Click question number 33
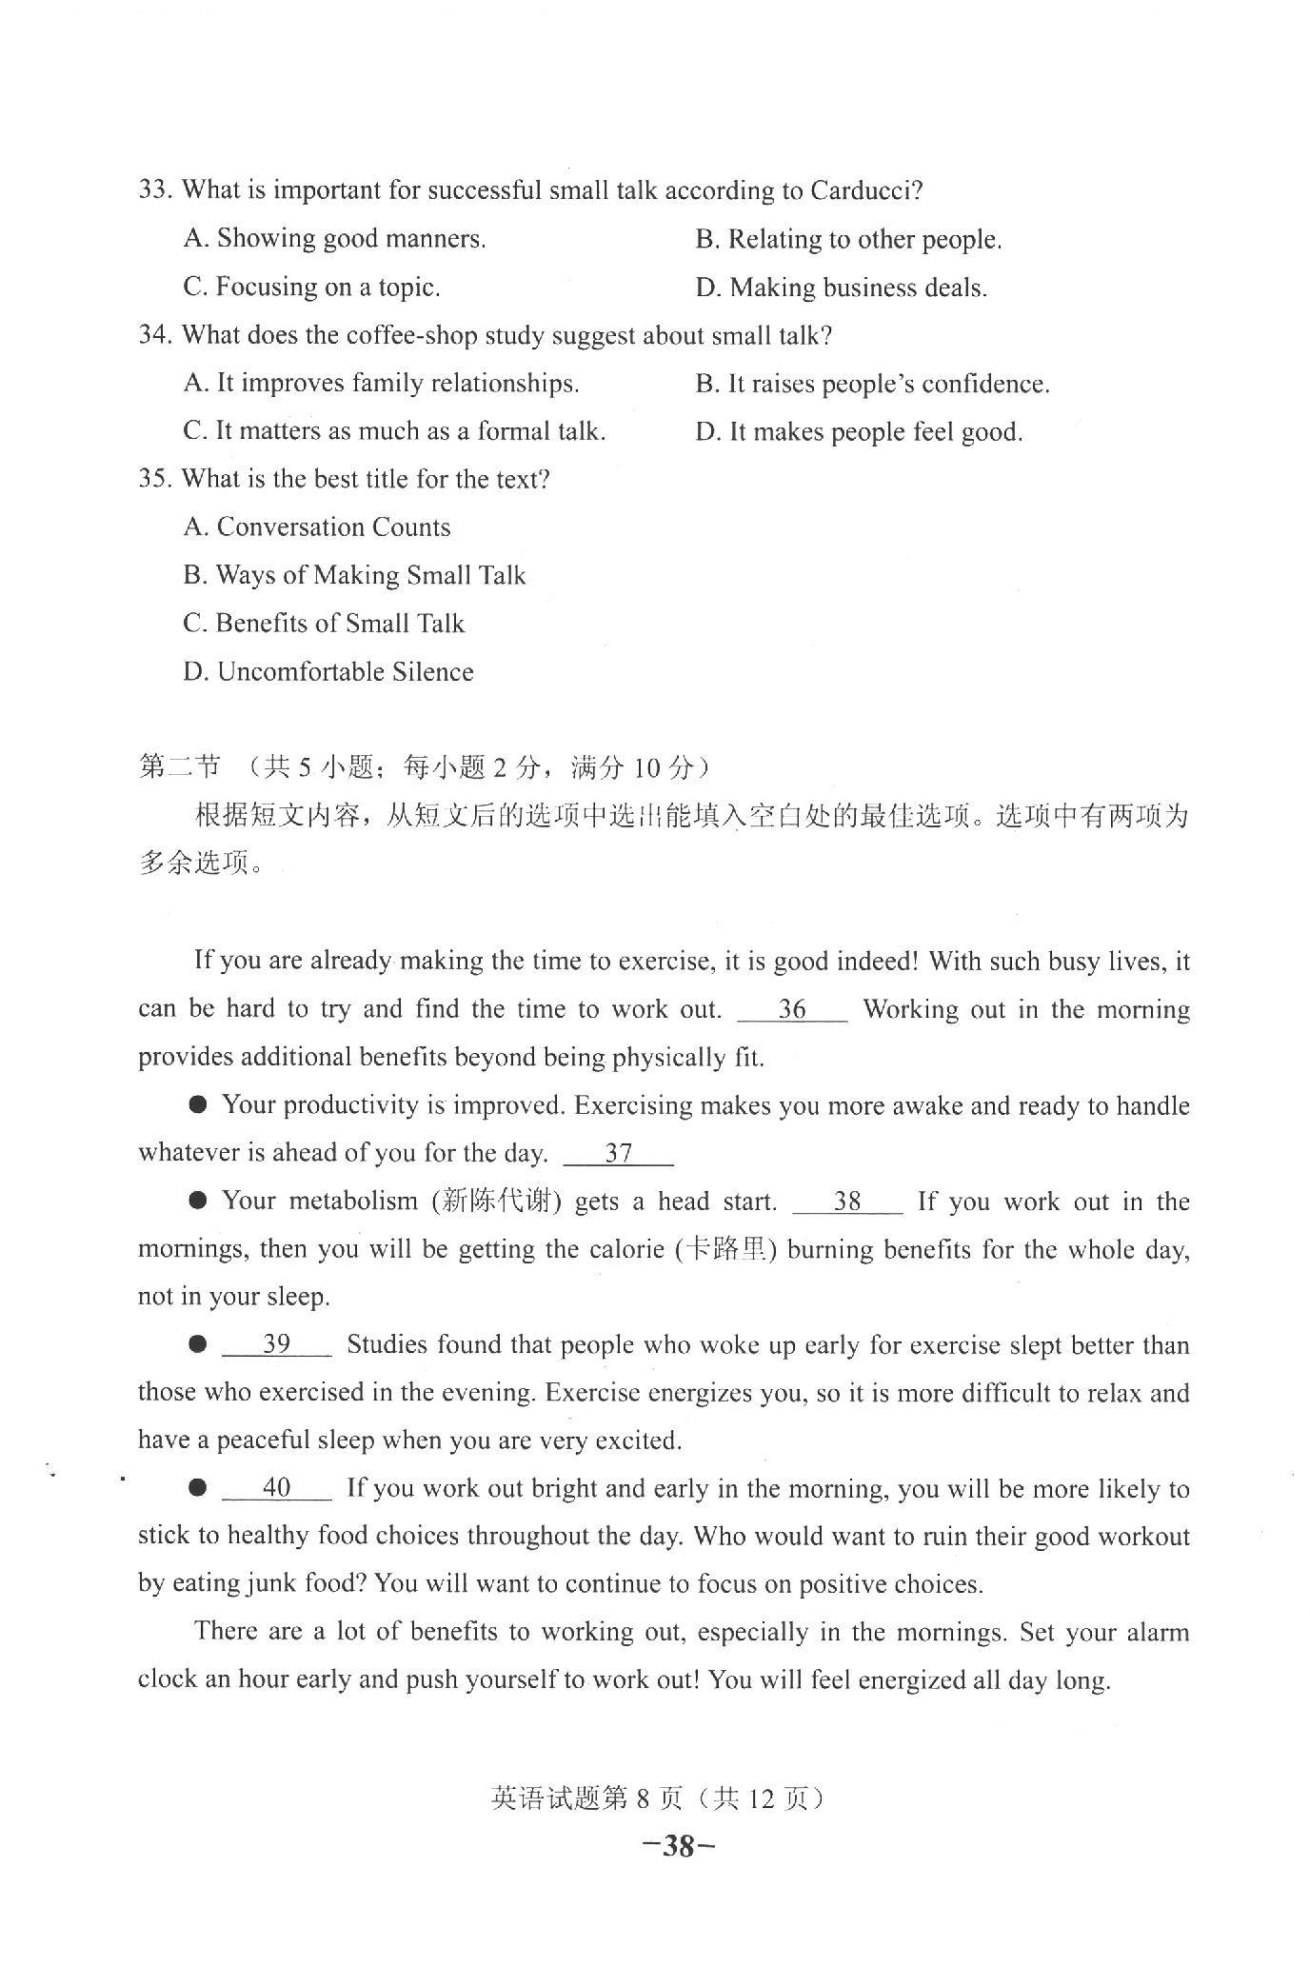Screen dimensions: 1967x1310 pos(154,189)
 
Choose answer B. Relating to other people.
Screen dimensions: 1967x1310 pos(848,239)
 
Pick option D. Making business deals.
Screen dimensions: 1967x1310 pos(841,288)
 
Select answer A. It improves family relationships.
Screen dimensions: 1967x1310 pos(381,383)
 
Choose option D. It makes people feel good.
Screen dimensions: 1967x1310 pos(859,431)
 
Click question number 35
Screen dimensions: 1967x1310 pos(154,479)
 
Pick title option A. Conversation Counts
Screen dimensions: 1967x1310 pos(317,527)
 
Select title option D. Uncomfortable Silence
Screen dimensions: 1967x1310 pos(328,671)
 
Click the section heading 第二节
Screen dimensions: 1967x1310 pos(179,766)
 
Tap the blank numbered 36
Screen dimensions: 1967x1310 pos(792,1010)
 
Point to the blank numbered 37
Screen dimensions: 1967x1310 pos(619,1154)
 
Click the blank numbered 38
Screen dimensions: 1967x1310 pos(847,1202)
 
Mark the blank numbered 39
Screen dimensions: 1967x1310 pos(276,1344)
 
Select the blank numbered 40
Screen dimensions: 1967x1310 pos(276,1488)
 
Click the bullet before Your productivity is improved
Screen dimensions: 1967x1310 pos(198,1104)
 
